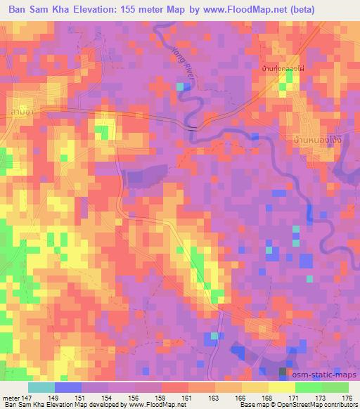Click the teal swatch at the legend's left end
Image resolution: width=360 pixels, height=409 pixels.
point(41,387)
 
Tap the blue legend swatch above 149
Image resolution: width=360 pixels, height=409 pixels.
point(67,387)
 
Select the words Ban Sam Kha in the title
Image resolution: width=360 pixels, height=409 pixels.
point(40,9)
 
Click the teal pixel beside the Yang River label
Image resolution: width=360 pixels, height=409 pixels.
point(181,86)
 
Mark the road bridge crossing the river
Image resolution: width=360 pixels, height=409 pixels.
point(193,126)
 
